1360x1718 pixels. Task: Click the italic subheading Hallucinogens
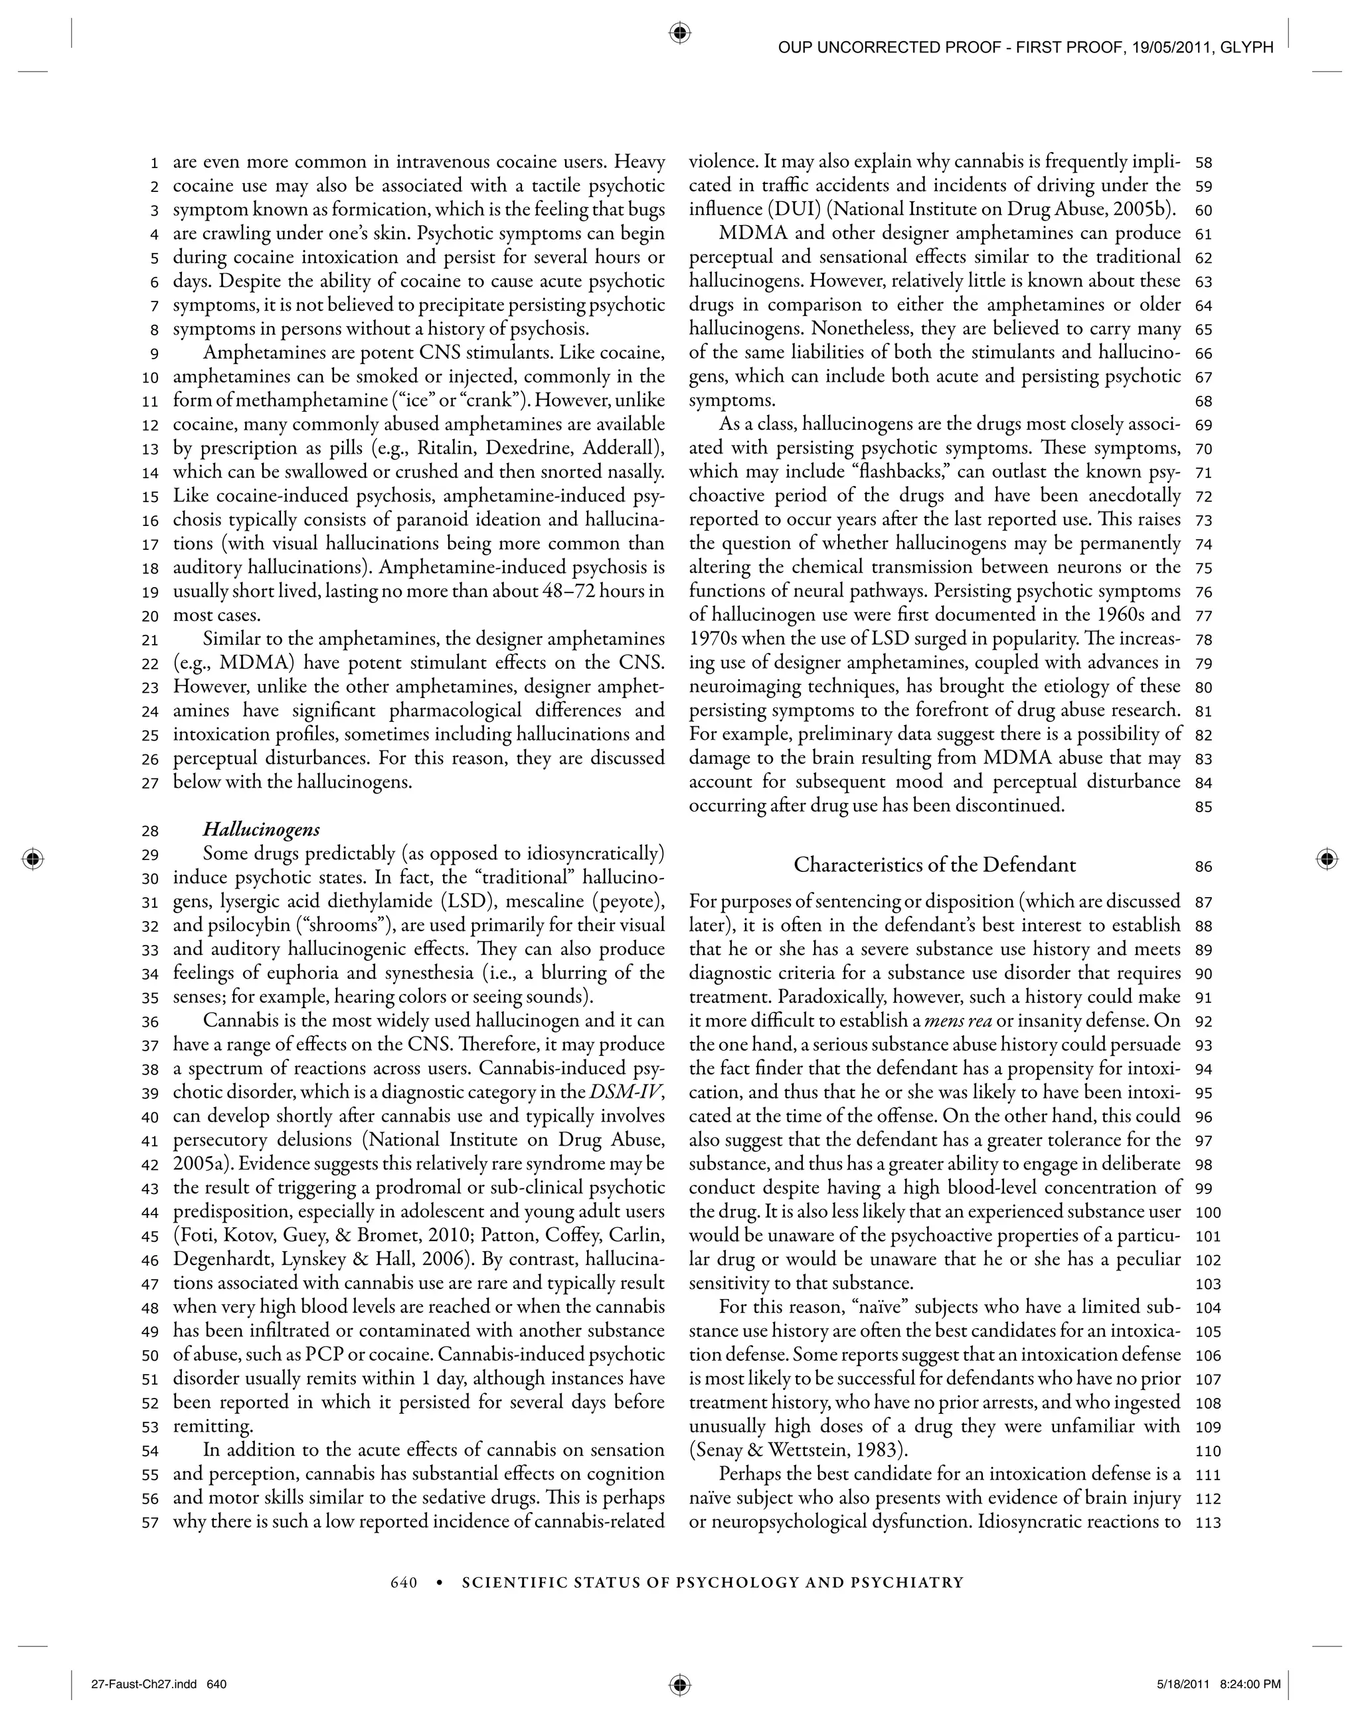tap(261, 829)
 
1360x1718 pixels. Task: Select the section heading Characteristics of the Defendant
tap(935, 865)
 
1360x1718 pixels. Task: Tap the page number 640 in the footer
tap(404, 1583)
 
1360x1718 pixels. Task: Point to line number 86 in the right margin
tap(1203, 866)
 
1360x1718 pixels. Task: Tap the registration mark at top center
tap(679, 33)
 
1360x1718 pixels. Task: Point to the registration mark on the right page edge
tap(1325, 859)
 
